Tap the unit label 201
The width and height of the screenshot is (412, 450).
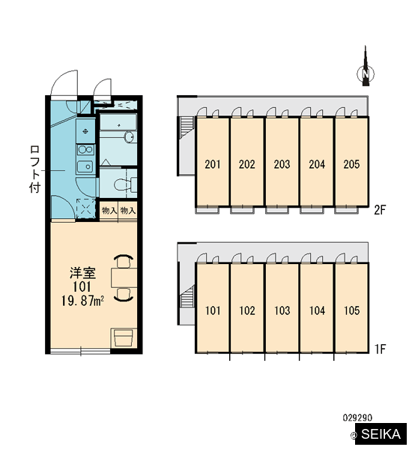(213, 164)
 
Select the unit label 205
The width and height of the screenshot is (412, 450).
(351, 164)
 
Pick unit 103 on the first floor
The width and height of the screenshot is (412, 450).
(282, 310)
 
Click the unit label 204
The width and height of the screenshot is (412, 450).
(317, 164)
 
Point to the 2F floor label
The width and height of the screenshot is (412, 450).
(381, 210)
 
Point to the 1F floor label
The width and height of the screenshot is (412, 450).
(381, 349)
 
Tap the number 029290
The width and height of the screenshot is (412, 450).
(357, 418)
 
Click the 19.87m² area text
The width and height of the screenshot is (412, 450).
(82, 301)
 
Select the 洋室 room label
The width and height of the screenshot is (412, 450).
(82, 273)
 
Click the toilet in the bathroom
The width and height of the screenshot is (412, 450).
(125, 184)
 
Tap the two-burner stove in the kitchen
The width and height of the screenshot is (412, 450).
(85, 149)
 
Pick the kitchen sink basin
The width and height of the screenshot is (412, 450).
(85, 166)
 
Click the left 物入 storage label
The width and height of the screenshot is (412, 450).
(109, 211)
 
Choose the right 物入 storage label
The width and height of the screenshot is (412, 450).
(128, 211)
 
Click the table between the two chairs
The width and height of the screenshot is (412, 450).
(124, 277)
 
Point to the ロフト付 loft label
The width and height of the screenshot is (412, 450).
(34, 169)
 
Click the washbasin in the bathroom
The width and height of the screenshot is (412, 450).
(130, 137)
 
